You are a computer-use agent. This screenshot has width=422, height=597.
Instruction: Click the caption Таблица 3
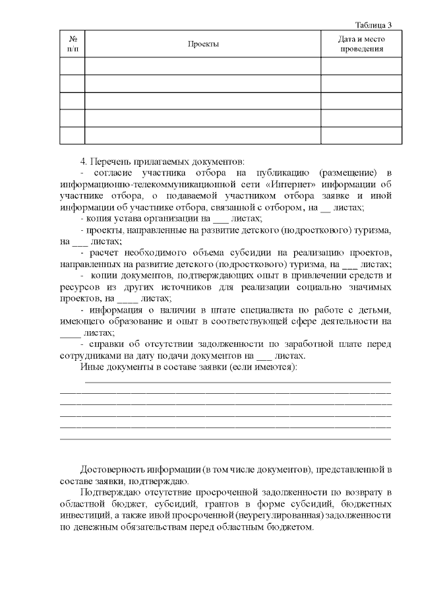click(x=373, y=25)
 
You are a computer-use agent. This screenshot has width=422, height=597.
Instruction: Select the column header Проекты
click(x=202, y=44)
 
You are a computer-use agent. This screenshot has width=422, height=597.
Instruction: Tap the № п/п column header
click(x=73, y=44)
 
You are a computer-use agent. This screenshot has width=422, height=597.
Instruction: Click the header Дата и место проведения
click(x=361, y=44)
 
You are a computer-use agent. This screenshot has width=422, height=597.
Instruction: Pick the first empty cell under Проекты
click(x=202, y=67)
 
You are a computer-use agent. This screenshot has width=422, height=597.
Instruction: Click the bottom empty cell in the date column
click(x=361, y=135)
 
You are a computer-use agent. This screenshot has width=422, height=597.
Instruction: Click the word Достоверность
click(x=113, y=470)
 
